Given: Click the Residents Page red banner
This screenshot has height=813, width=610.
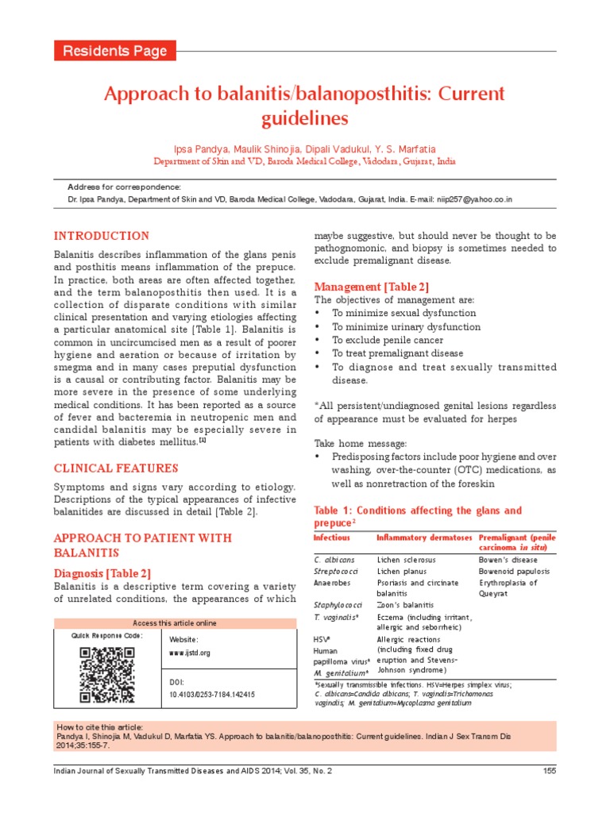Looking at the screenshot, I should click(114, 51).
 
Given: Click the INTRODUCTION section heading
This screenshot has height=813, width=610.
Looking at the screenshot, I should click(101, 236).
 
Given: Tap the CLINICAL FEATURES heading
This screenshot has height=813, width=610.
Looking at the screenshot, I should click(115, 468).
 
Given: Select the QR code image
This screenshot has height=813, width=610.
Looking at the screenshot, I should click(107, 674).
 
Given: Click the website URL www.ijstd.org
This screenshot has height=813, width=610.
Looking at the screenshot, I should click(190, 653).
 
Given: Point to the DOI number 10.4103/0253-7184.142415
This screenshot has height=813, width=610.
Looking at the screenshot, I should click(212, 694).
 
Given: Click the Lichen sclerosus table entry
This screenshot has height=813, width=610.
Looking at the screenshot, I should click(407, 559).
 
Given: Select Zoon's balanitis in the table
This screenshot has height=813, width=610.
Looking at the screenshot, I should click(407, 604).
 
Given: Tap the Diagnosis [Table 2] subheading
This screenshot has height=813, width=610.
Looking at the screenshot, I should click(102, 572).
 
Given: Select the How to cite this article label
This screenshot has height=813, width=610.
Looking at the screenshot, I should click(99, 727).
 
